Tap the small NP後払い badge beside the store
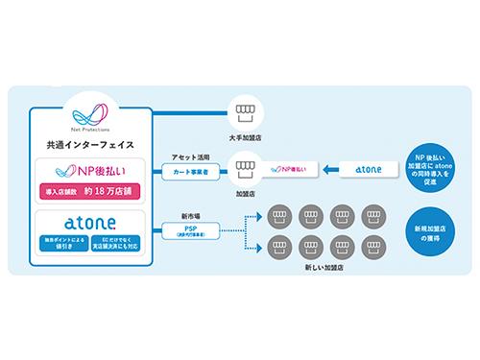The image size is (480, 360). tap(282, 170)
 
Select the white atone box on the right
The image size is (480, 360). tap(368, 170)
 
